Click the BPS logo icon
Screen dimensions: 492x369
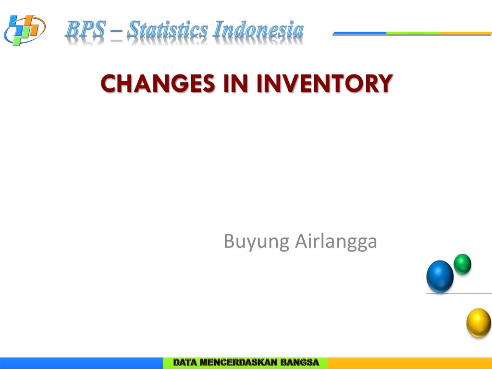point(25,30)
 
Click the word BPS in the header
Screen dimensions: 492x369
point(85,29)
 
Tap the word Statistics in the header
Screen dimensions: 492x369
point(167,29)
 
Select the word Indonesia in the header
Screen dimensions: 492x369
point(258,29)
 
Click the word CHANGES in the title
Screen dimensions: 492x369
point(158,84)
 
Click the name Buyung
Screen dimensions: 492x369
point(257,242)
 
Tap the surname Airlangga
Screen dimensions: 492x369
point(336,242)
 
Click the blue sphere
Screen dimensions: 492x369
point(440,276)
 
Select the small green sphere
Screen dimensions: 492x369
point(462,264)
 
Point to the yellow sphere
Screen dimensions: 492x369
point(479,323)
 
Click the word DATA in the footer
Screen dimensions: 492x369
point(185,362)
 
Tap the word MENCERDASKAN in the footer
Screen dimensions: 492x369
point(238,362)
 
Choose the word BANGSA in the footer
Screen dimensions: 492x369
point(299,362)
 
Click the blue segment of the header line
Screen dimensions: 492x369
point(360,33)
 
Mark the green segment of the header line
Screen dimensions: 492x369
point(413,33)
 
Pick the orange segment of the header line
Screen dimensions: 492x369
point(465,33)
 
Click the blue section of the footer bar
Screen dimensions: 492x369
point(82,363)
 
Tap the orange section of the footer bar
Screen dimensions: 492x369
point(410,363)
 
